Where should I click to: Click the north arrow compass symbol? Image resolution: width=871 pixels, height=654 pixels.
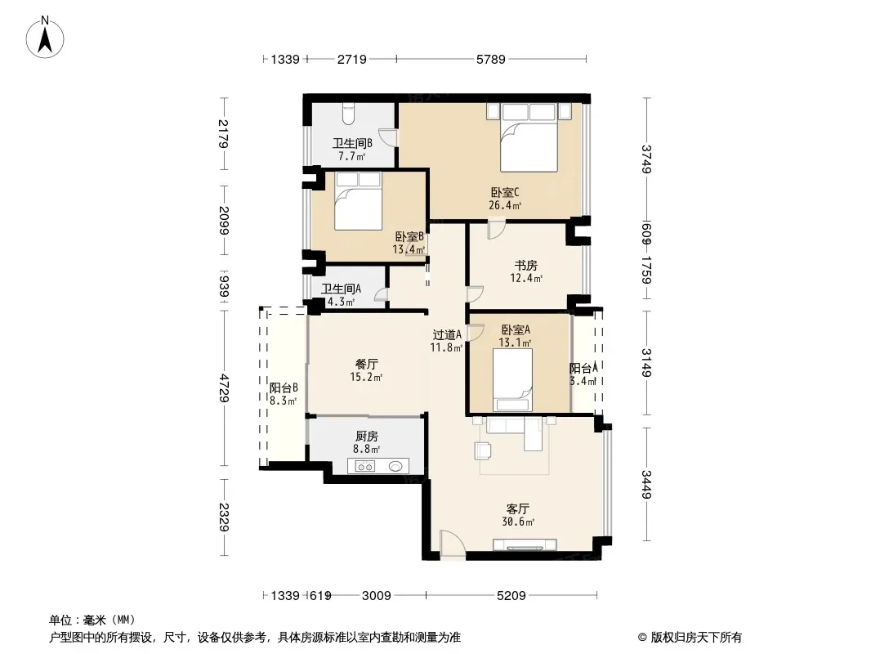45,38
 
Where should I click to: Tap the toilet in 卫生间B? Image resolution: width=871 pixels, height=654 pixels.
348,114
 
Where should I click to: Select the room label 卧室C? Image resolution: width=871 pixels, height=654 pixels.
505,193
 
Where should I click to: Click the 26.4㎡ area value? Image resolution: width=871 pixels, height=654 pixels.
505,205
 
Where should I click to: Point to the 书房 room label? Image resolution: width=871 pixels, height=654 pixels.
525,266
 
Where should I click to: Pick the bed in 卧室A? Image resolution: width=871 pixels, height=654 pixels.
512,379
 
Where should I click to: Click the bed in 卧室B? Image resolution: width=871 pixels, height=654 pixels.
359,200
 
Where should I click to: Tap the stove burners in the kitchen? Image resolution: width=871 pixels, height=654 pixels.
365,467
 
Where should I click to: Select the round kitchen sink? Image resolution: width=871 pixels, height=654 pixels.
395,466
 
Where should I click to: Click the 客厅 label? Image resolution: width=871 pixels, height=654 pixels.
518,509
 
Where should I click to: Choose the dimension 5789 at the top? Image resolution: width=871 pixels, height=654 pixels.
491,59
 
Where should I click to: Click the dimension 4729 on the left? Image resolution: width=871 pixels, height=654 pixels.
224,387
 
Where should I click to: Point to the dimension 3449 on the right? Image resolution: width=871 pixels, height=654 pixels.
646,484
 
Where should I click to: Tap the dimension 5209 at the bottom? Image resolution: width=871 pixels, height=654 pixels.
511,596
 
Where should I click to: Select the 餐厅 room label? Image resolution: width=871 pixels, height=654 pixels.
367,365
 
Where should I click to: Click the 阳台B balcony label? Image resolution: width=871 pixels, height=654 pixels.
284,387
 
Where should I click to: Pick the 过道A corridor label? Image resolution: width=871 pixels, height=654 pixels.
447,334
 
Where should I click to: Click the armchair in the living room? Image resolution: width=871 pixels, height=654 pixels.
483,450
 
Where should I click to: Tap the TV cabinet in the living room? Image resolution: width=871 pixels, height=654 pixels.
525,544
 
